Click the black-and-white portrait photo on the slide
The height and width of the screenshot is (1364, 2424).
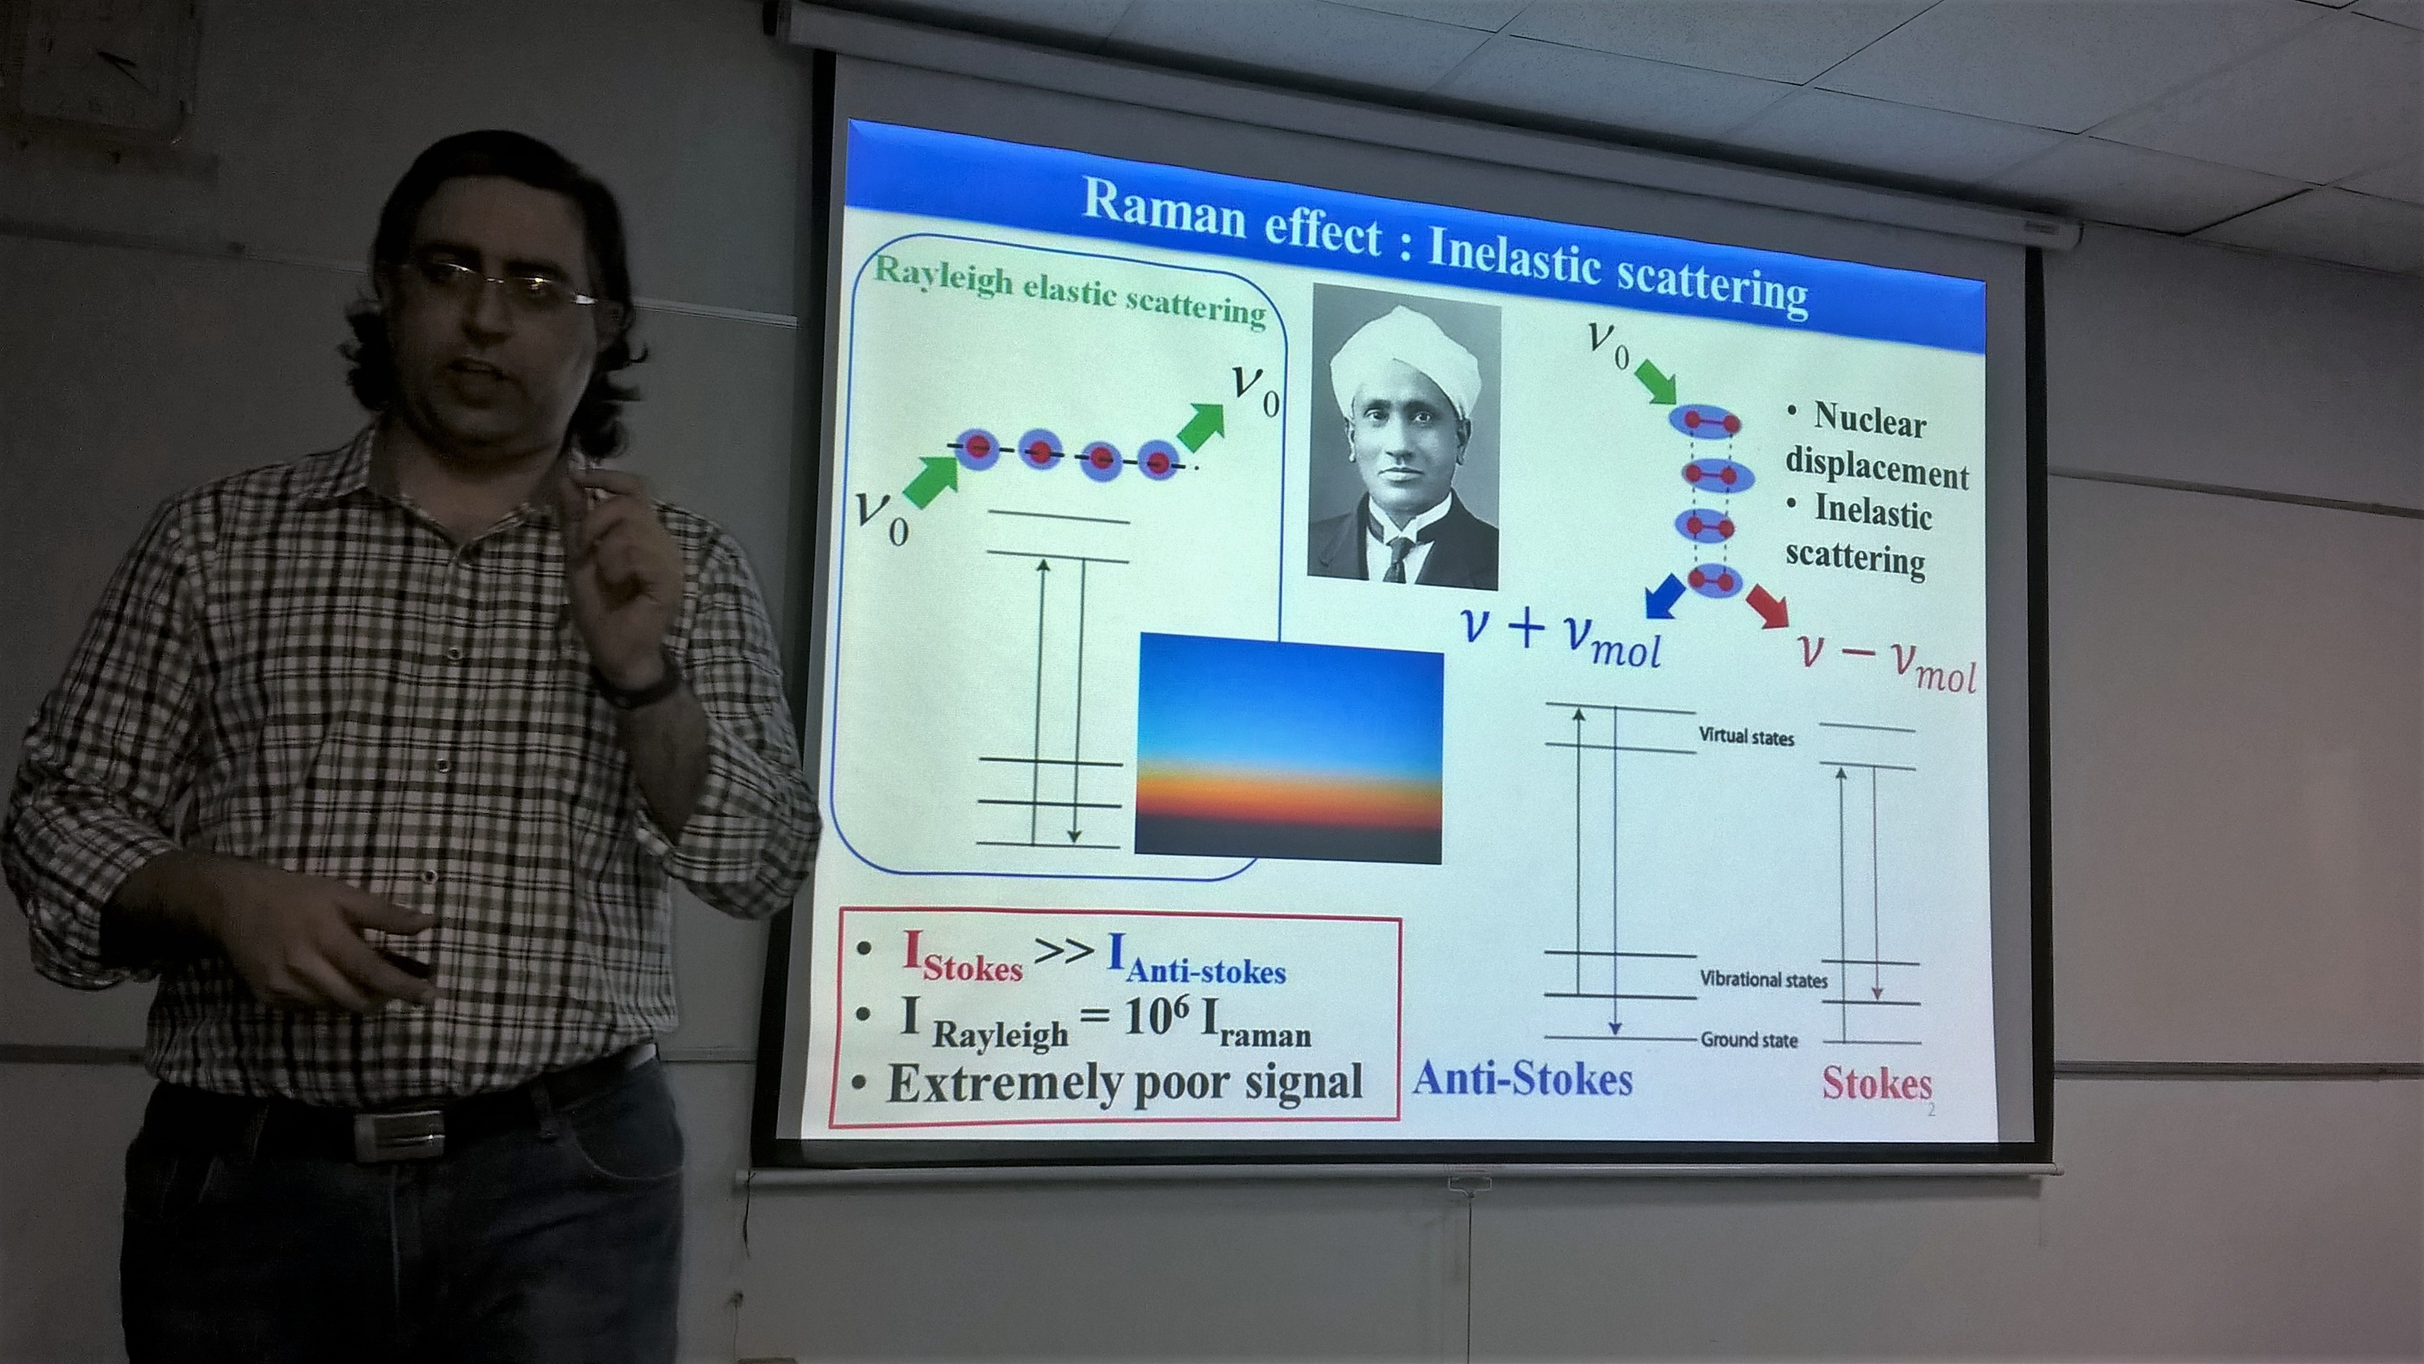click(1405, 436)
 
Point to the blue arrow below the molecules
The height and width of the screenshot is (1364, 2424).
click(1666, 599)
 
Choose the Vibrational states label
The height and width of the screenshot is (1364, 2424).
click(1763, 979)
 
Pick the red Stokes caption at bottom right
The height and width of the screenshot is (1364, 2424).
click(1876, 1082)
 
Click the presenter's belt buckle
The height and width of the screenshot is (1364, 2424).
click(396, 1137)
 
